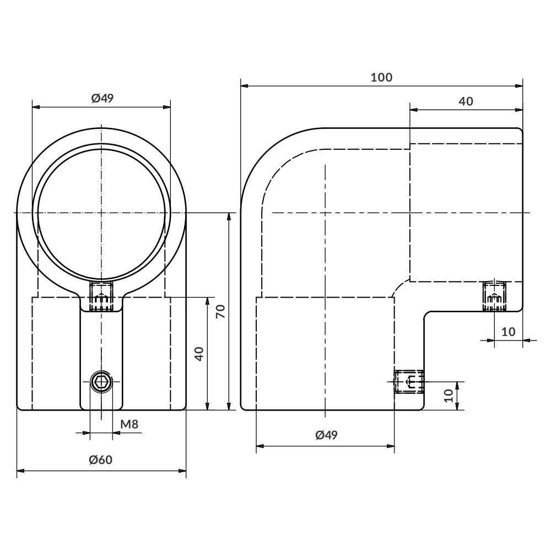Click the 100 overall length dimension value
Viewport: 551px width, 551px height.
[x=381, y=77]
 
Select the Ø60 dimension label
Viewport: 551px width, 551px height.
[x=100, y=460]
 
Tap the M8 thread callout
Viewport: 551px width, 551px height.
[x=129, y=424]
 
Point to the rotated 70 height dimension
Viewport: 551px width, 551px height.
[x=220, y=311]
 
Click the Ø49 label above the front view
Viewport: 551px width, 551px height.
[x=102, y=98]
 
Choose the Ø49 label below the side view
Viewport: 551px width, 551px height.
[x=326, y=435]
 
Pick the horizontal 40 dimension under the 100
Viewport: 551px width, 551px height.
[x=466, y=101]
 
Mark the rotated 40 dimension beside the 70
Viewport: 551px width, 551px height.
[x=199, y=354]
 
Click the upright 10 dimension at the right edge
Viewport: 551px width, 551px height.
[x=508, y=331]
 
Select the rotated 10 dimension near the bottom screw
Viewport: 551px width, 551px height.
[x=449, y=395]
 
